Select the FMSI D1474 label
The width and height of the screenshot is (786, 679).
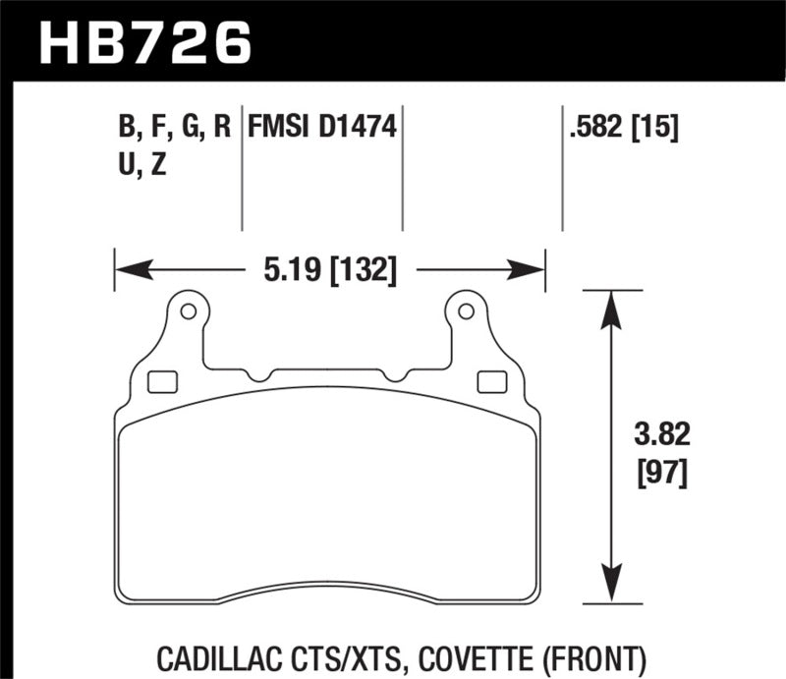[322, 126]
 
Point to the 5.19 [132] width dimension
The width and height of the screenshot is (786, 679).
[329, 268]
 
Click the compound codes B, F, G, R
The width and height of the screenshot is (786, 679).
[173, 126]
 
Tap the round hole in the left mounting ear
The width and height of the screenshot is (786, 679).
[189, 312]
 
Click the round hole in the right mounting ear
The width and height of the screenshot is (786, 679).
[467, 312]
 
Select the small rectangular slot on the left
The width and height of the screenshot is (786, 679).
[160, 381]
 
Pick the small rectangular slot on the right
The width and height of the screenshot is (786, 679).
[485, 381]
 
